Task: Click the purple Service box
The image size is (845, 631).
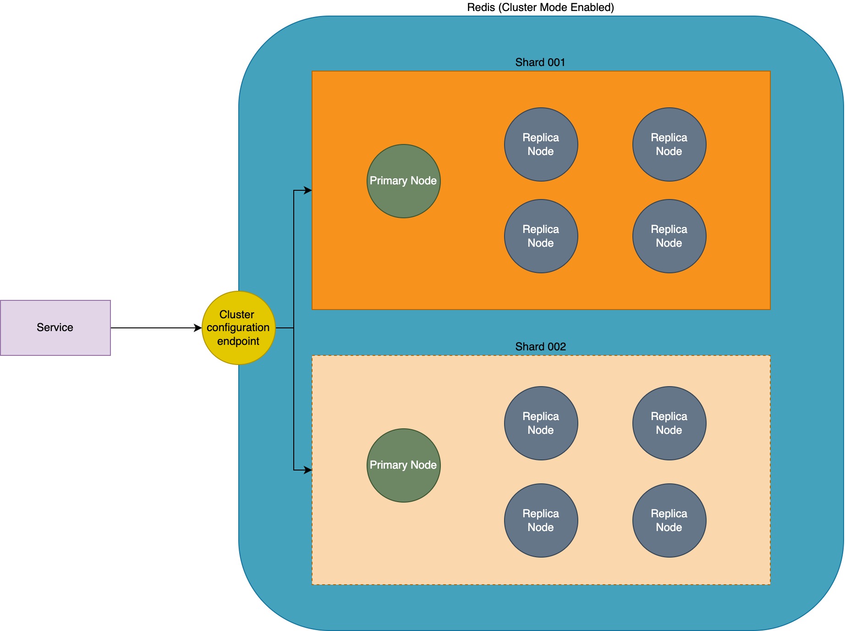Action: pos(55,327)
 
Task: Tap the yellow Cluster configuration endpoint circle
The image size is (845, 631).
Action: pos(238,328)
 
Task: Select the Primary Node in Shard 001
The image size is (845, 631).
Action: pos(403,181)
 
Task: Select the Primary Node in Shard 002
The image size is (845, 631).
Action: pos(403,465)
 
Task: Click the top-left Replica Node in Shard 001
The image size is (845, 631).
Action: pos(541,144)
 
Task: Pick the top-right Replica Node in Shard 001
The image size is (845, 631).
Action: pos(669,144)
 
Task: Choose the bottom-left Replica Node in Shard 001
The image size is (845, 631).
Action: pos(541,236)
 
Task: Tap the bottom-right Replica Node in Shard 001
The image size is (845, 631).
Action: pos(669,236)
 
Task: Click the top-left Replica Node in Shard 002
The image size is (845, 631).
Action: pos(541,423)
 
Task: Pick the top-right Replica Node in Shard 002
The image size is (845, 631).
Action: pos(669,423)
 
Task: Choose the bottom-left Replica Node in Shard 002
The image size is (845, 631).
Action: pos(541,520)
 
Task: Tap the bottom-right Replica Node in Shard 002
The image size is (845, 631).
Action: pos(669,520)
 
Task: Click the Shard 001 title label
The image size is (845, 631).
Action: pos(540,62)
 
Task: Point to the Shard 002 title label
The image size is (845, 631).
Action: pos(540,347)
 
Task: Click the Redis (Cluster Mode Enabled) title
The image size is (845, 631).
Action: pos(540,7)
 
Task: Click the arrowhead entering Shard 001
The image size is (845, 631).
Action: pos(308,190)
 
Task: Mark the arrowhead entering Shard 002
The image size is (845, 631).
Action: pos(308,470)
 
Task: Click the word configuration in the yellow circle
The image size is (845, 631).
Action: pos(238,327)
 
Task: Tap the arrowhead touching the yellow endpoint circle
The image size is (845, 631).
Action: pos(198,328)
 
